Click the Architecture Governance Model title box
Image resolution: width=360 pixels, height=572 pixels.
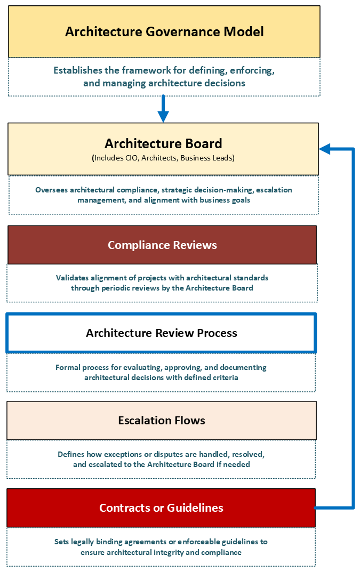pyautogui.click(x=164, y=31)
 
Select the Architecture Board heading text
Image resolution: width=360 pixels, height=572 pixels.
pyautogui.click(x=163, y=143)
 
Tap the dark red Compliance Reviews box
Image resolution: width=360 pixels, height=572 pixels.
pyautogui.click(x=162, y=245)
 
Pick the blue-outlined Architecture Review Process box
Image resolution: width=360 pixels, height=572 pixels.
pyautogui.click(x=161, y=333)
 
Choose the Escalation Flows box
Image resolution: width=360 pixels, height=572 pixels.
pyautogui.click(x=162, y=421)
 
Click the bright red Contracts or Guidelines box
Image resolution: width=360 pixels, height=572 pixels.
pyautogui.click(x=161, y=507)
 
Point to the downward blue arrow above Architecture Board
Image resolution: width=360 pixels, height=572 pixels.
pyautogui.click(x=163, y=109)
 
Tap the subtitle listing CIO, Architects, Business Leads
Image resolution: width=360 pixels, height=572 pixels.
pyautogui.click(x=163, y=158)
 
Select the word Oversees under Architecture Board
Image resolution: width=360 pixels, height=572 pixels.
pyautogui.click(x=51, y=190)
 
